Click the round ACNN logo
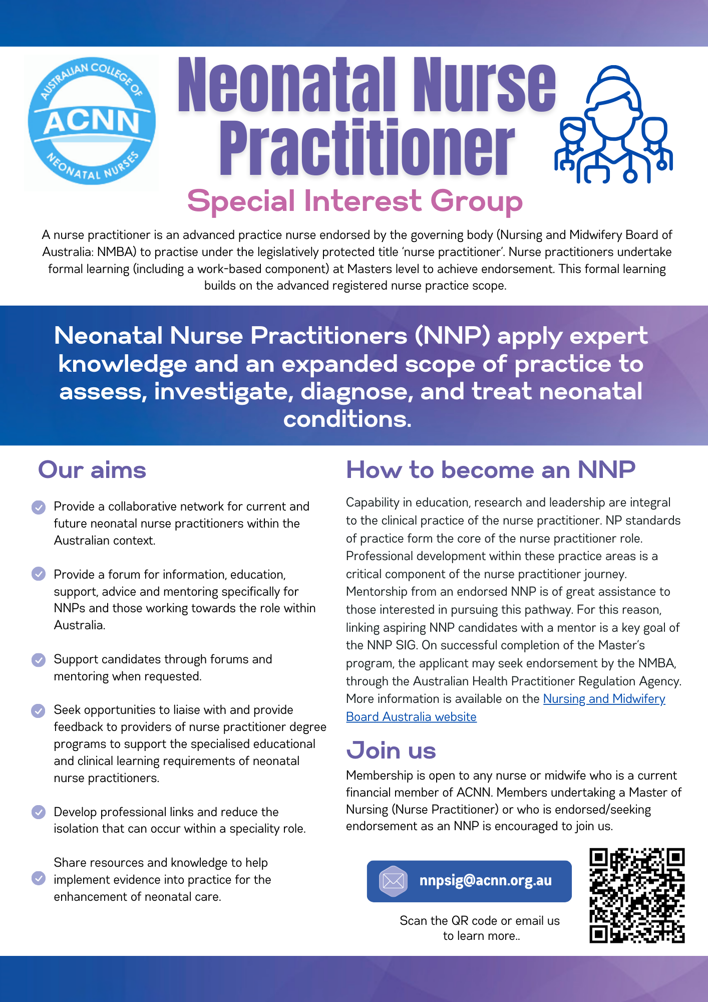92,121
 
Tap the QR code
637,895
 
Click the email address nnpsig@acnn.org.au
485,881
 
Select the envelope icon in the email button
394,881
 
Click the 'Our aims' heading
92,470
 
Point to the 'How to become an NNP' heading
490,470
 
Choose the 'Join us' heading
391,750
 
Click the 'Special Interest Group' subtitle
355,201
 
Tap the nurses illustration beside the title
613,125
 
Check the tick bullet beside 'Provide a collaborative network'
39,507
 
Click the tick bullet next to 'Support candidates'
39,660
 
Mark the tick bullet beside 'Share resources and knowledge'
39,878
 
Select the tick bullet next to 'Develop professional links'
39,812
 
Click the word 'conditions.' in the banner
347,419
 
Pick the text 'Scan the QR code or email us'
479,921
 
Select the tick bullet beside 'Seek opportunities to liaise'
39,710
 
